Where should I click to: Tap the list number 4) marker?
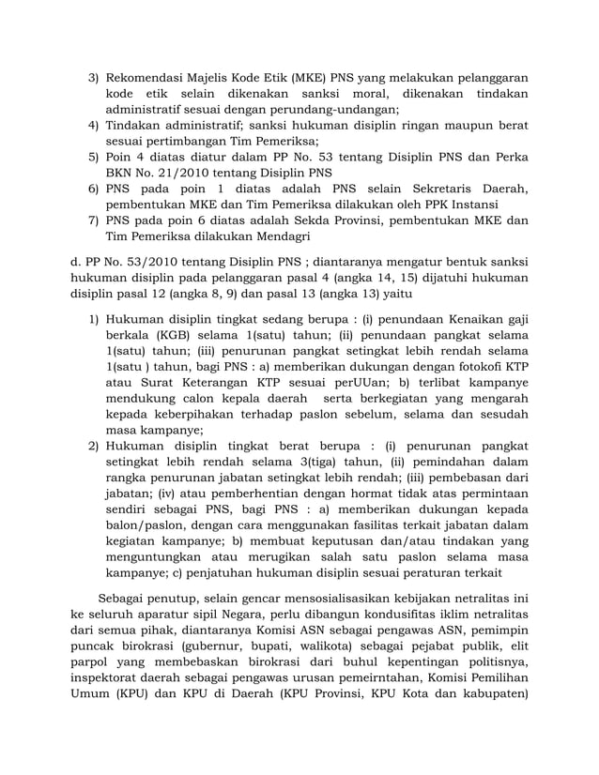pyautogui.click(x=94, y=125)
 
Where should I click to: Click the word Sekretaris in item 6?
pyautogui.click(x=438, y=190)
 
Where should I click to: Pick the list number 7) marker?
pyautogui.click(x=94, y=222)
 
